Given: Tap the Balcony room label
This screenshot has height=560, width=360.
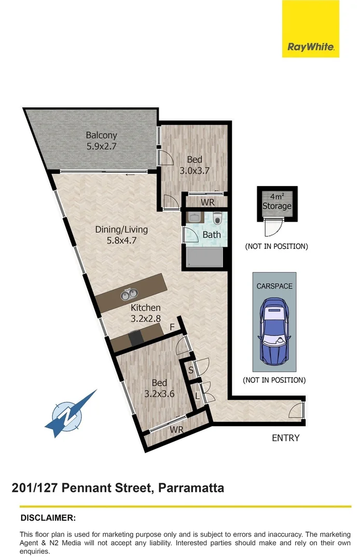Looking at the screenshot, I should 101,135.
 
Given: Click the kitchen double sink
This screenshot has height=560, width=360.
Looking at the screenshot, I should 126,295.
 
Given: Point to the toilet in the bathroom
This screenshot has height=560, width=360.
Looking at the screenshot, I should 217,218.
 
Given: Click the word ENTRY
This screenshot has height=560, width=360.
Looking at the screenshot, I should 285,438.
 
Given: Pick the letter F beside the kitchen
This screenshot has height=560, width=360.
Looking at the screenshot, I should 173,327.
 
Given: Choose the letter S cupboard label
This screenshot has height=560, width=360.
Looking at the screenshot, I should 191,370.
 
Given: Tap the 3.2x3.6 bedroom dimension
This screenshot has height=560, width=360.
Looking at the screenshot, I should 159,394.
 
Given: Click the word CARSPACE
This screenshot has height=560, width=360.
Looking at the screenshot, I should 274,286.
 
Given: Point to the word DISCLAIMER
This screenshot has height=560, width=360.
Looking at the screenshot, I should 48,517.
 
